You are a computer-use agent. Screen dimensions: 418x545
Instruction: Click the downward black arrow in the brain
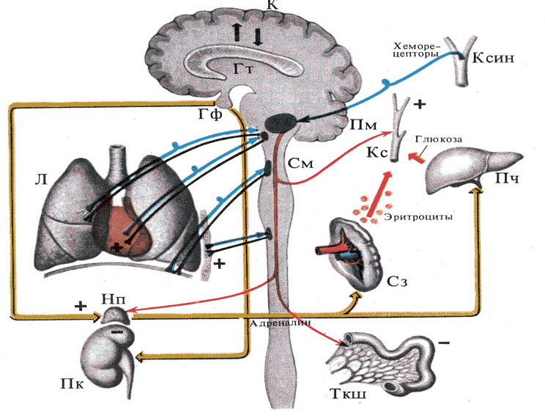click(x=257, y=35)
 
